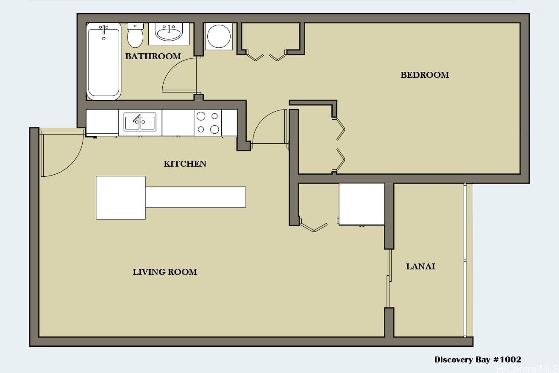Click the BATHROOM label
(x=153, y=56)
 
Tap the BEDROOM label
(x=425, y=75)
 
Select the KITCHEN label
(x=185, y=164)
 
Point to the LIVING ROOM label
(x=165, y=272)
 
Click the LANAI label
(x=420, y=266)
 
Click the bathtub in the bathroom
(x=103, y=61)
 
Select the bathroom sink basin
(x=168, y=33)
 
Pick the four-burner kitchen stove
(x=208, y=123)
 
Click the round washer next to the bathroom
(x=219, y=36)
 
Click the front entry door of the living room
(x=61, y=152)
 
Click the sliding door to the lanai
(x=389, y=278)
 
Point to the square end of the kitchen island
(x=121, y=197)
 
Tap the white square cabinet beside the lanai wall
(x=362, y=204)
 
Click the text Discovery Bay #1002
(x=478, y=360)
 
